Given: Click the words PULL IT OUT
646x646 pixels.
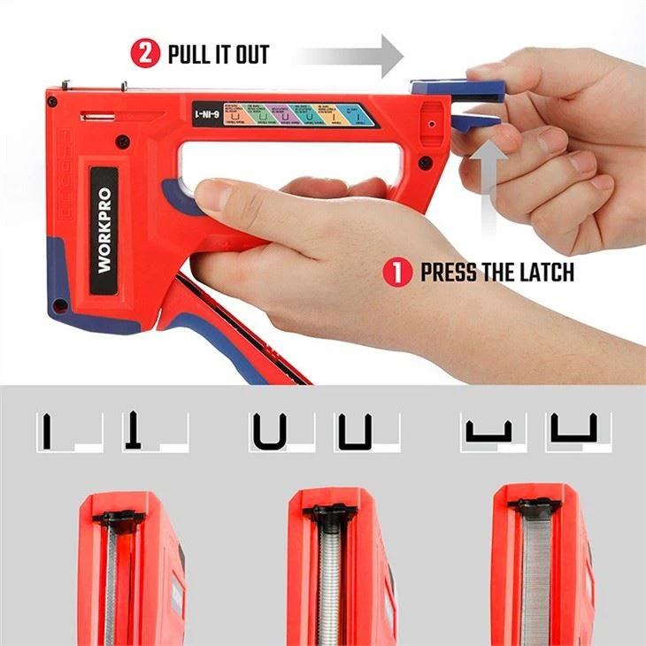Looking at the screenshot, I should click(x=218, y=55).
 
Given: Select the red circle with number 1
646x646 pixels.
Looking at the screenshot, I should click(x=400, y=272).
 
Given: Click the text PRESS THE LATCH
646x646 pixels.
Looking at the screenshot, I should click(x=496, y=273).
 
